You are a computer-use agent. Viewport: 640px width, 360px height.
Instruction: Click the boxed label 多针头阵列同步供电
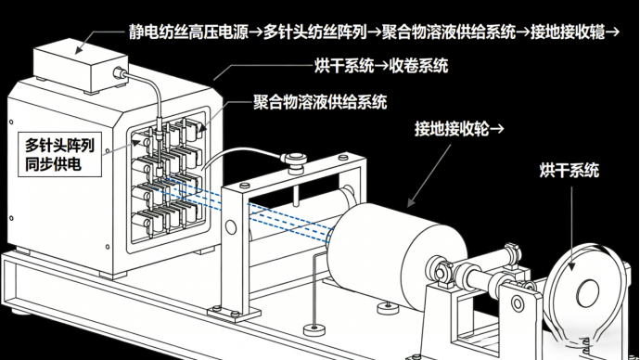[59, 155]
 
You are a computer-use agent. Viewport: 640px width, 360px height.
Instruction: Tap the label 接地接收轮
[452, 129]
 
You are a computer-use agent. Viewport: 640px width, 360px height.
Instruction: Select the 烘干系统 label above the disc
[570, 170]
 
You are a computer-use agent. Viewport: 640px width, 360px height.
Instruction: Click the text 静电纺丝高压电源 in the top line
[188, 32]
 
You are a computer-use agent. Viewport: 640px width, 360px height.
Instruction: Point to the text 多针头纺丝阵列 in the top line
[315, 32]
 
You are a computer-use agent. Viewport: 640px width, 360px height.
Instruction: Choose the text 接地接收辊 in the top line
[568, 32]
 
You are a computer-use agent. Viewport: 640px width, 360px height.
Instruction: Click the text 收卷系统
[418, 65]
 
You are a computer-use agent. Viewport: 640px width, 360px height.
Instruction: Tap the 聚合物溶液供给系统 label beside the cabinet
[320, 102]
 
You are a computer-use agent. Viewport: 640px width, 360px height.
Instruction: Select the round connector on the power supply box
[120, 73]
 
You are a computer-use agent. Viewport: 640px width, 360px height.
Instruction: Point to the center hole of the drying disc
[587, 292]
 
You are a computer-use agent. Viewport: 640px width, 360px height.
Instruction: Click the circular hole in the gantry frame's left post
[231, 227]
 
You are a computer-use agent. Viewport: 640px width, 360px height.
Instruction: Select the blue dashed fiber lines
[248, 207]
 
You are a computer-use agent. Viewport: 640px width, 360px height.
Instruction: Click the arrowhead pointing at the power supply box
[80, 49]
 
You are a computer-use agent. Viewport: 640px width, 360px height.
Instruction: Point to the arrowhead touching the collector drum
[412, 202]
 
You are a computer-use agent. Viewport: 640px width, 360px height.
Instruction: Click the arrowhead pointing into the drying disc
[572, 265]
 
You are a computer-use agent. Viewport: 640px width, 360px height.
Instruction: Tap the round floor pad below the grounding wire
[314, 329]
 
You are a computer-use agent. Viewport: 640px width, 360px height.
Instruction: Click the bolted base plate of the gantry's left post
[234, 314]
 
